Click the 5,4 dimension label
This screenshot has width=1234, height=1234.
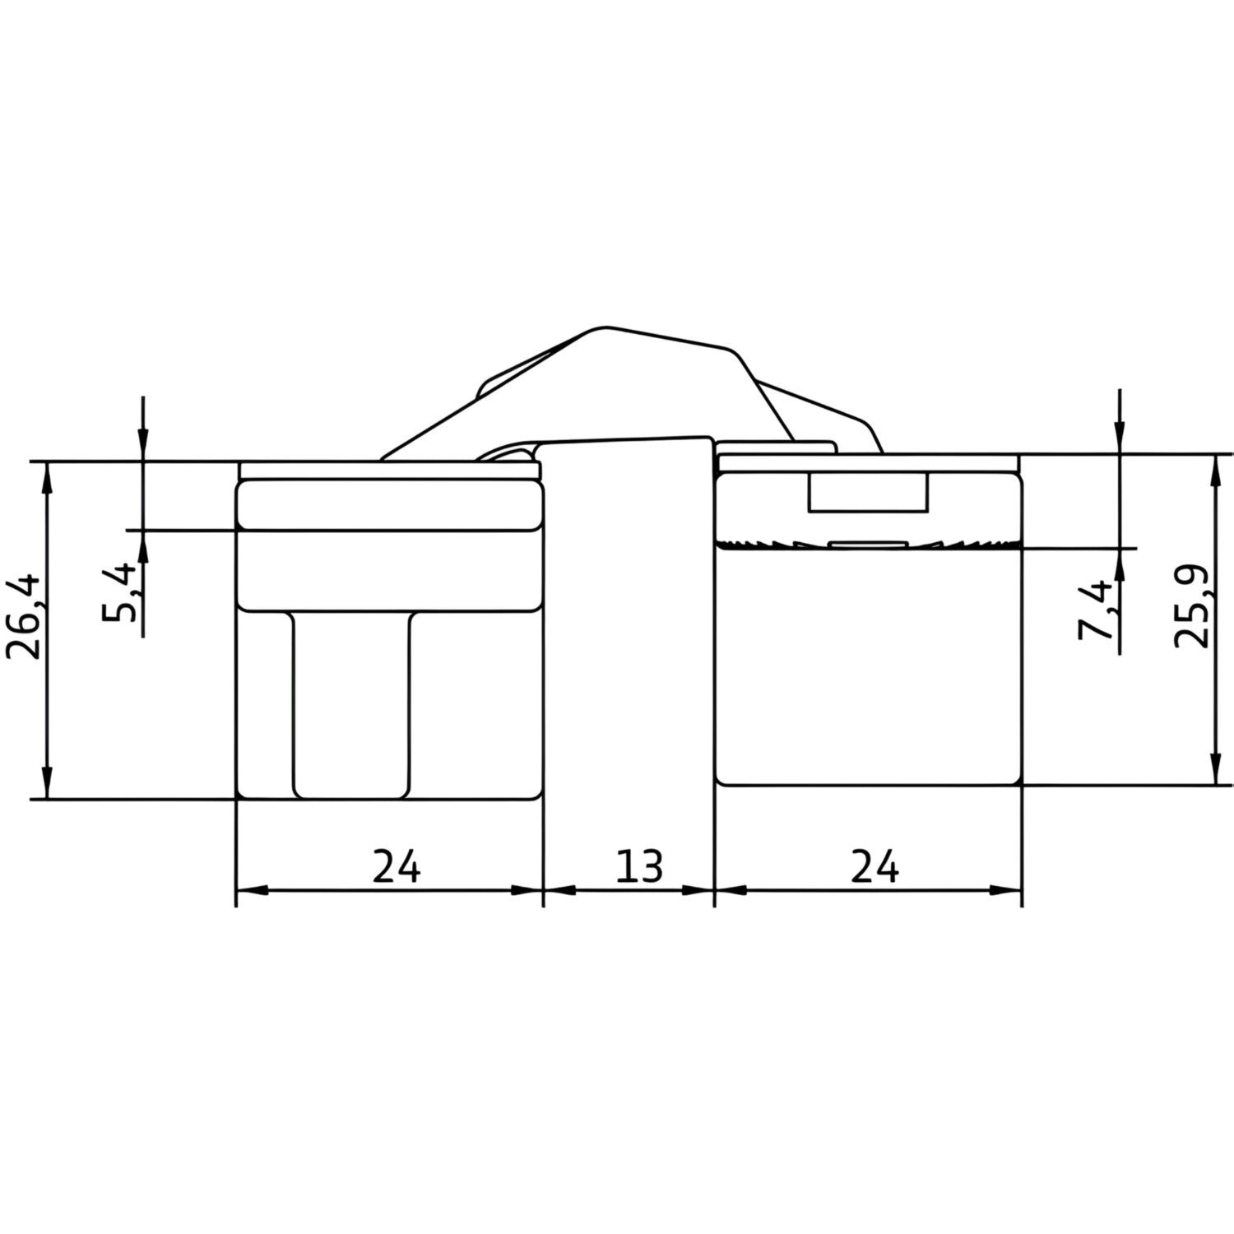pyautogui.click(x=120, y=592)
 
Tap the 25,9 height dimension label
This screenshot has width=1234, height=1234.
pyautogui.click(x=1192, y=606)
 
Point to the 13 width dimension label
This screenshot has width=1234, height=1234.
pyautogui.click(x=638, y=865)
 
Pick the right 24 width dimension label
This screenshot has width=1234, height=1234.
pyautogui.click(x=874, y=865)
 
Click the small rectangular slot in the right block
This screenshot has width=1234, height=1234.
pyautogui.click(x=869, y=492)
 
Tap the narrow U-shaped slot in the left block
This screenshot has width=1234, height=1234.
pyautogui.click(x=351, y=704)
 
